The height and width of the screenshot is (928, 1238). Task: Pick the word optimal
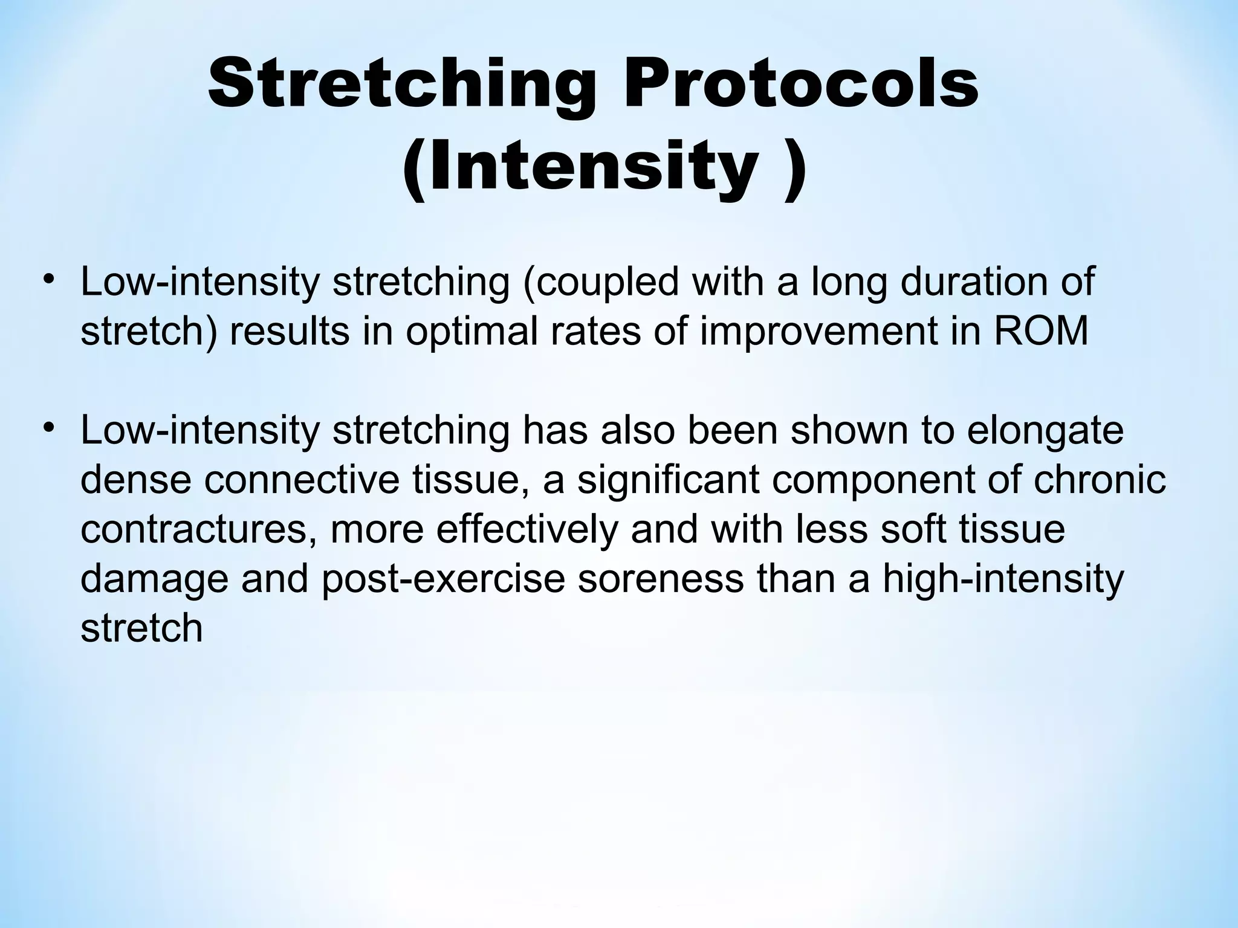click(472, 332)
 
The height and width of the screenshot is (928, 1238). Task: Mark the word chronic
click(1100, 480)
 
